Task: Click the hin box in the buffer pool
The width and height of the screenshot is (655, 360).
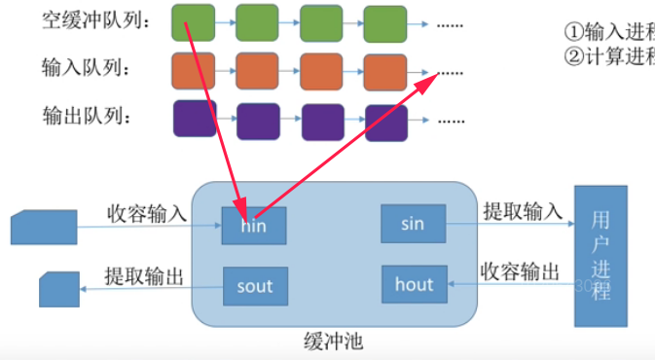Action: coord(254,226)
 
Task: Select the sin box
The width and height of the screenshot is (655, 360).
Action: coord(413,225)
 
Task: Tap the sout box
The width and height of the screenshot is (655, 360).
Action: coord(255,286)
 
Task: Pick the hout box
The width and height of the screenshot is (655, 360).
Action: coord(413,284)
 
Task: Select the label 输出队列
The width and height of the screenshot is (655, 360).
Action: coord(85,117)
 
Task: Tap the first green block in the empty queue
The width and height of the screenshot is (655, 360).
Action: coord(193,21)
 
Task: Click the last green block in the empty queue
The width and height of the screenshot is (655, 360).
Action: coord(384,21)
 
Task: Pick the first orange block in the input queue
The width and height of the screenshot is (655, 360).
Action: coord(193,70)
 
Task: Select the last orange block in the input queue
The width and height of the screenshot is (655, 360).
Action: coord(384,71)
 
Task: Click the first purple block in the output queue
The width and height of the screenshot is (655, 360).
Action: coord(194,119)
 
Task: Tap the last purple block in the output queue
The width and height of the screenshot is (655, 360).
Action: coord(385,121)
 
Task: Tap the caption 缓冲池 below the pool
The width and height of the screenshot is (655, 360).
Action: coord(334,342)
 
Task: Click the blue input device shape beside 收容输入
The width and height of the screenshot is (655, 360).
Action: coord(43,228)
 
